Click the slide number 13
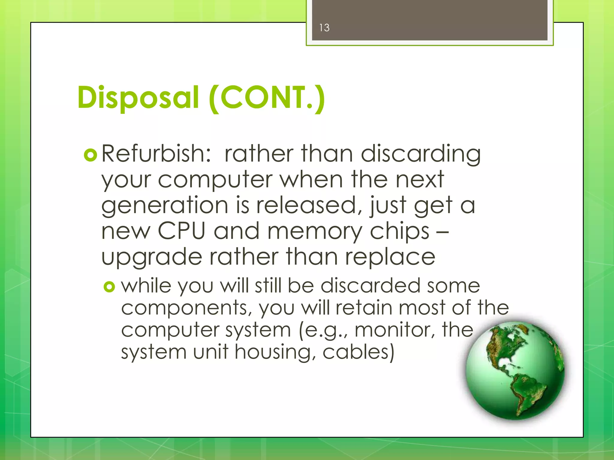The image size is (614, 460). point(324,28)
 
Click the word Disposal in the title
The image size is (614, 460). point(138,98)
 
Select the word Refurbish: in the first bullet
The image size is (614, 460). point(156,154)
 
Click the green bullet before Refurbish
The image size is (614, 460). point(91,155)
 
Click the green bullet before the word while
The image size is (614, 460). point(109,287)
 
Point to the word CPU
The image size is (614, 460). point(181,231)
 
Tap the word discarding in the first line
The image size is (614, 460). point(420,154)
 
